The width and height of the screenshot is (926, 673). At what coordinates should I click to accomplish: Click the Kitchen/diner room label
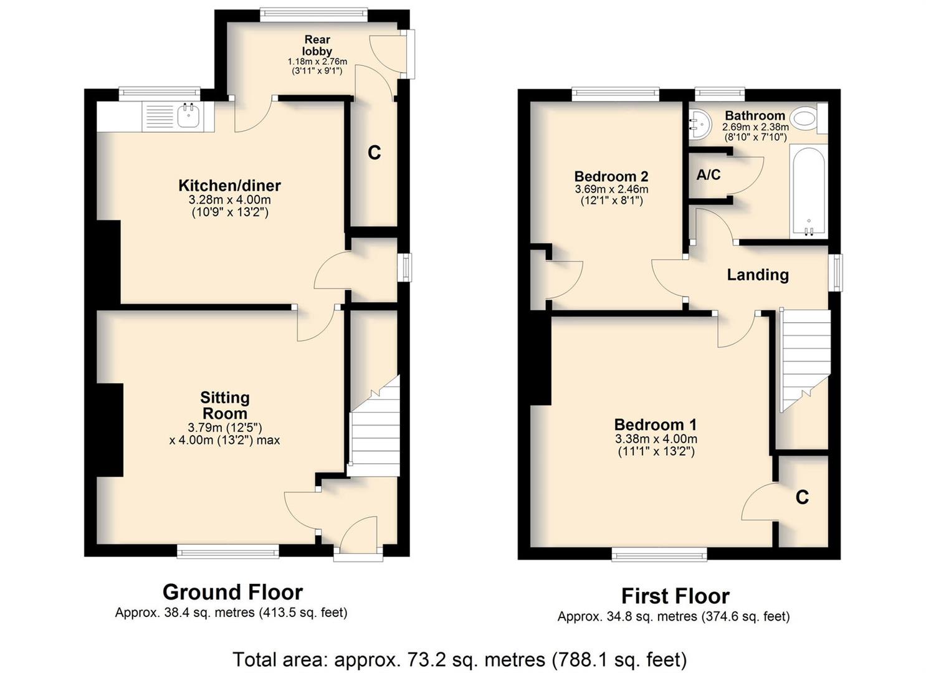coord(229,186)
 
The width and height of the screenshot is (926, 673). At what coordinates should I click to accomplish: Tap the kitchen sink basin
coord(189,116)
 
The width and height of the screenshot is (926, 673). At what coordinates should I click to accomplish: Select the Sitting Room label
coord(225,405)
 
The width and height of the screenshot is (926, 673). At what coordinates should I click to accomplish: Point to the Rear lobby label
coord(317,45)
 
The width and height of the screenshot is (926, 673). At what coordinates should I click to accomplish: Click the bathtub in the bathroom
coord(808,192)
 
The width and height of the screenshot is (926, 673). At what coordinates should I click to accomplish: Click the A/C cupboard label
coord(708,175)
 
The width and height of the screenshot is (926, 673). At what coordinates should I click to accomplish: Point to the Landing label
coord(758,275)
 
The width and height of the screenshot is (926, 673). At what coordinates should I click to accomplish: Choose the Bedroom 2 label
coord(611,176)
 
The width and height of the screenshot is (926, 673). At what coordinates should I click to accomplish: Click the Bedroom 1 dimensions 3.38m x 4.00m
coord(656,439)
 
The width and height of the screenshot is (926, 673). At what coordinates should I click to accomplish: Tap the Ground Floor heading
coord(232,592)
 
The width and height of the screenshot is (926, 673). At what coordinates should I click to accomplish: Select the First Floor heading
coord(675,596)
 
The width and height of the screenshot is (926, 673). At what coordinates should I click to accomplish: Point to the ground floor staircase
coord(375,426)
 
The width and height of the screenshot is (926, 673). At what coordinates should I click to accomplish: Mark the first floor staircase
coord(804,360)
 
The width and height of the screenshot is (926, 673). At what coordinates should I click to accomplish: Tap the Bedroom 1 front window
coord(659,554)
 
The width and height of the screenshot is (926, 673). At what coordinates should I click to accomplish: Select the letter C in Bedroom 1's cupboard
coord(802,497)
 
